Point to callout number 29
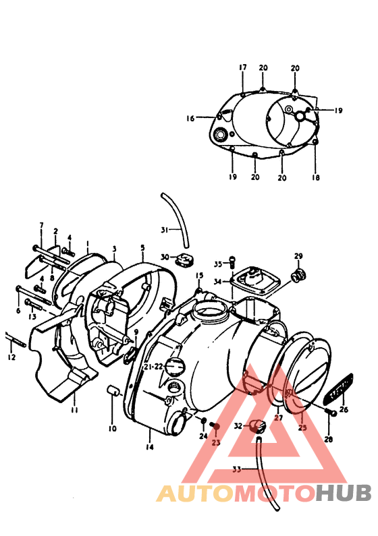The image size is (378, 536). pos(298,256)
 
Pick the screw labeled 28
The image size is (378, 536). pos(329,412)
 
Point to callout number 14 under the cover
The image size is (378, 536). pos(148,447)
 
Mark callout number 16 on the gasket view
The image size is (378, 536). pos(190,118)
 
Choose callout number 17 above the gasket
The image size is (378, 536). pos(242,67)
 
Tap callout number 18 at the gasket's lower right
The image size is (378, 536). pos(315,178)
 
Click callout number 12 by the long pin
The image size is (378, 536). pos(11,357)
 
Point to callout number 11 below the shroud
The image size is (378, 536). pos(74,409)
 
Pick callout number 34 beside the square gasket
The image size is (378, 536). pos(218,281)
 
